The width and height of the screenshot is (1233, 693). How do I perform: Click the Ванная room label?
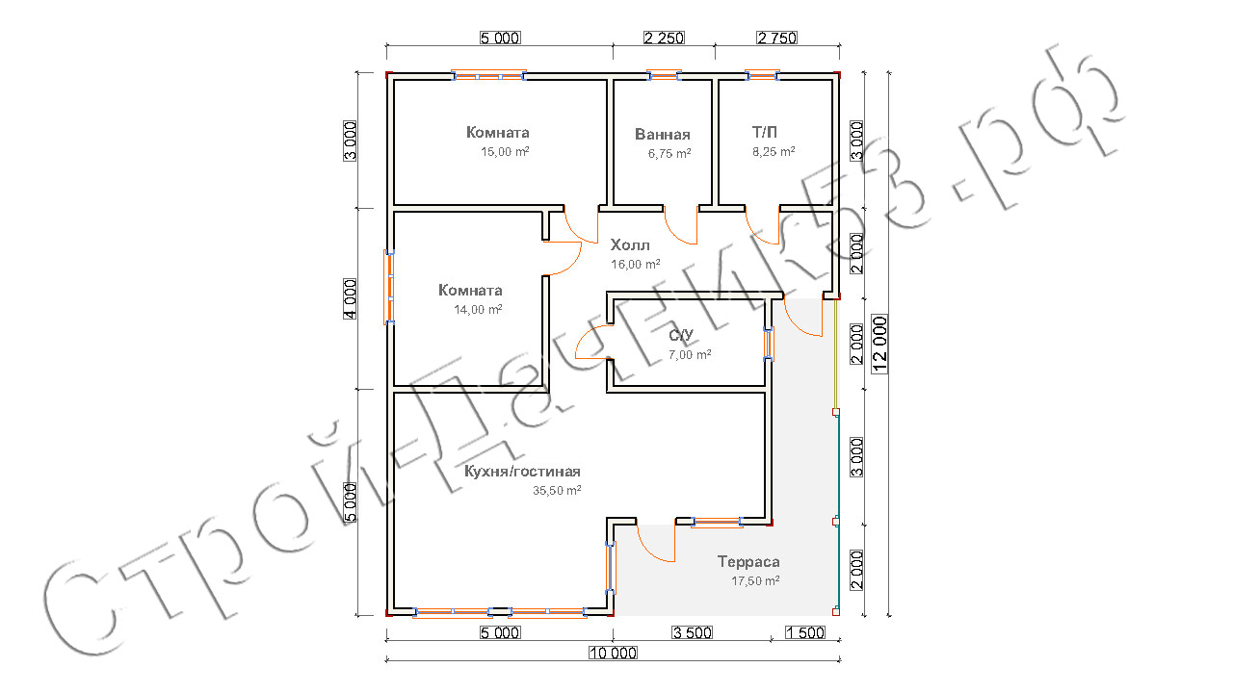(x=662, y=134)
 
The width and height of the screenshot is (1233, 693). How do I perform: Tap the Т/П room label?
(x=765, y=132)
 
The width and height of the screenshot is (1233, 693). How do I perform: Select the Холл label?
(x=630, y=244)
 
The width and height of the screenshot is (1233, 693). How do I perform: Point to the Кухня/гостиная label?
(x=522, y=472)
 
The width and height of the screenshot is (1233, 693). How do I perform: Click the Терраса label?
(x=748, y=561)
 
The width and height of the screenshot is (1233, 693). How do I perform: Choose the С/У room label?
(x=681, y=335)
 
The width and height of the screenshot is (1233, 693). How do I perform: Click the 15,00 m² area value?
(x=505, y=152)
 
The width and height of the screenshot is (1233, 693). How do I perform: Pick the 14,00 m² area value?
(x=478, y=310)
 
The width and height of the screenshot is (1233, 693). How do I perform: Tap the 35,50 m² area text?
(x=557, y=490)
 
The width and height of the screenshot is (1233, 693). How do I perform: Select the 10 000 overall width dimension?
(x=614, y=653)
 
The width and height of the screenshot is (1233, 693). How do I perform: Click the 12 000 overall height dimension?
(x=880, y=344)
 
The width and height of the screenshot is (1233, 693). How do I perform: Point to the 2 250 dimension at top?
(x=664, y=38)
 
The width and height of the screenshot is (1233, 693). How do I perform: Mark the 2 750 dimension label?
(x=777, y=38)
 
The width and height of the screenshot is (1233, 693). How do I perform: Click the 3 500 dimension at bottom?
(x=693, y=632)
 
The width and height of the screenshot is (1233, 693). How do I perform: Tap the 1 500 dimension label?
(x=805, y=632)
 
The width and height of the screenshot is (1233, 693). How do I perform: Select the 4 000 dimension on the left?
(x=350, y=298)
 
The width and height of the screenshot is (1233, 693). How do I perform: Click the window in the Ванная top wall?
(x=664, y=75)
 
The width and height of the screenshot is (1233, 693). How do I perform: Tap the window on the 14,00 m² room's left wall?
(x=390, y=287)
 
